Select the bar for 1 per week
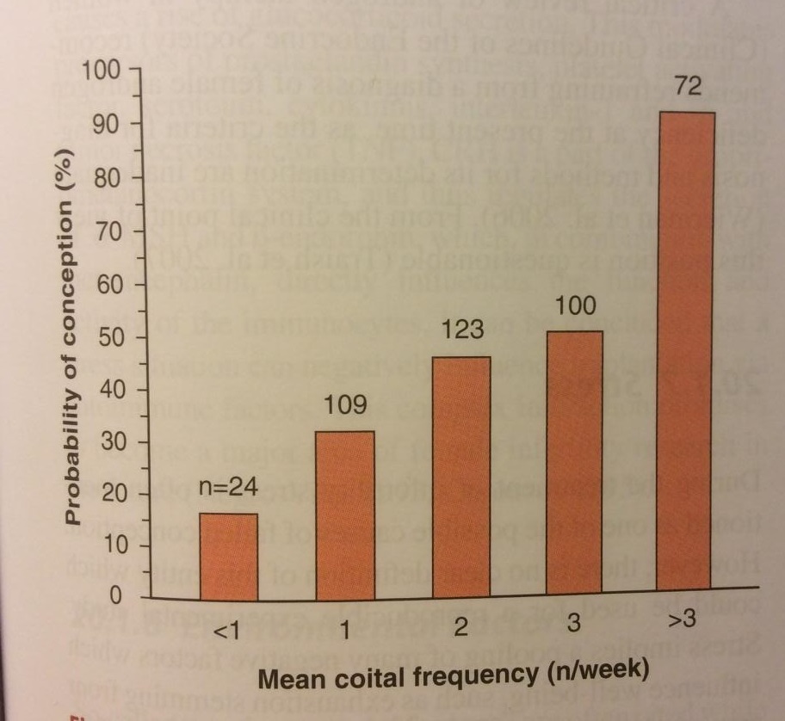345,514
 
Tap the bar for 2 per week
460,477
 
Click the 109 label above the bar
345,404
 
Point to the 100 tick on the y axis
108,68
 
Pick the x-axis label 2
460,629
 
